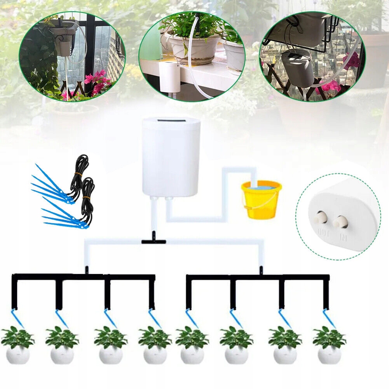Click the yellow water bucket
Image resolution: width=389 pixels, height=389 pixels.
point(261,200)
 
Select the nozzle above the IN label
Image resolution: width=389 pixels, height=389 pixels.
point(340,222)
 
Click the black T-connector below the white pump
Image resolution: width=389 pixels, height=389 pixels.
point(154,241)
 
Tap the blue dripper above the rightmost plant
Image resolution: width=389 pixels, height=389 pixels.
point(329,317)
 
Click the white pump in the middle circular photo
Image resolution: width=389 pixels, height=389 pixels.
point(169,76)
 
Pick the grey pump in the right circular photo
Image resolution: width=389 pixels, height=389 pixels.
point(298,68)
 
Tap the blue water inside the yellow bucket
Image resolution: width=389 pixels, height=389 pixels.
point(260,186)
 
